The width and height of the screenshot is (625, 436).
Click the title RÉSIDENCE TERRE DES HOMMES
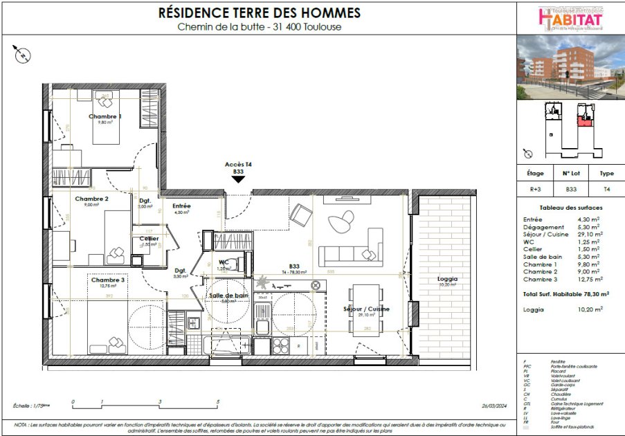(x=260, y=12)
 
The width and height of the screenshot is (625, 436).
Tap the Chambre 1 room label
(x=105, y=116)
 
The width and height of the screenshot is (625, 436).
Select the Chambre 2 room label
(x=91, y=199)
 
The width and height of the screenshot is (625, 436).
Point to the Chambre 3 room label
(x=107, y=280)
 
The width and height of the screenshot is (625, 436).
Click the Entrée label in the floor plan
(x=181, y=206)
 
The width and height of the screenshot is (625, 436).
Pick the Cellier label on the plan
(x=149, y=239)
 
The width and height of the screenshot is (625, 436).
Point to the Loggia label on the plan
(x=448, y=279)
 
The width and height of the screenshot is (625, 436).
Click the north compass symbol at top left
(x=23, y=53)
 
